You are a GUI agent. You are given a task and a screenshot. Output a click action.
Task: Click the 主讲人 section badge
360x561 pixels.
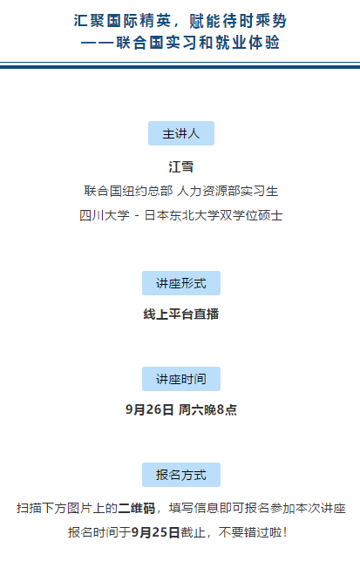[181, 133]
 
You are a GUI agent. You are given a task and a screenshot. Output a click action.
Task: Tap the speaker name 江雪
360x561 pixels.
[181, 166]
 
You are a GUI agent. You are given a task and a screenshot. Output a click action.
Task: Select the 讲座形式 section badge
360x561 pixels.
[181, 283]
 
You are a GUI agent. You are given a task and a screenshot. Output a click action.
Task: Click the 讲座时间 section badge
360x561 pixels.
[181, 379]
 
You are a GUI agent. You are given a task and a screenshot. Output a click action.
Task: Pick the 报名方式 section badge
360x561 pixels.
[181, 475]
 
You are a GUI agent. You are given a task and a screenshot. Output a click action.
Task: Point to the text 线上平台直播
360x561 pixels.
[181, 314]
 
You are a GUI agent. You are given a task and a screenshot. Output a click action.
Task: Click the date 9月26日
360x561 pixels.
[150, 409]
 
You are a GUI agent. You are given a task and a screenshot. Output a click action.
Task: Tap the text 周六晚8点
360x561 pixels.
[207, 409]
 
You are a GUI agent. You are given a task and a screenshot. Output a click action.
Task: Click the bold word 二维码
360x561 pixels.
[137, 509]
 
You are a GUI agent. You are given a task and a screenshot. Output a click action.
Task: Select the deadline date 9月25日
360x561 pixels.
[155, 532]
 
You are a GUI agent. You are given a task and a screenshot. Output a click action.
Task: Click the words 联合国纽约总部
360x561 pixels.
[128, 191]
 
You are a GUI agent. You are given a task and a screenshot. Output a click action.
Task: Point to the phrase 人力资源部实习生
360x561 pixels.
[228, 191]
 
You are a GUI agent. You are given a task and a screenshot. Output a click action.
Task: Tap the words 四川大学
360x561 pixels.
[105, 215]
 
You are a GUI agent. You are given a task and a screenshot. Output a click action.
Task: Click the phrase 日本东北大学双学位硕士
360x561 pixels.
[214, 215]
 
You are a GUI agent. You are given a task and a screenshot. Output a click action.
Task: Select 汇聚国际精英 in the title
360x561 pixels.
[122, 21]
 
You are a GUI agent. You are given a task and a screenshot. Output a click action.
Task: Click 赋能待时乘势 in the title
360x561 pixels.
[238, 21]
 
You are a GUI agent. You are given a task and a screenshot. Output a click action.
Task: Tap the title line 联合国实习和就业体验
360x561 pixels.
[198, 43]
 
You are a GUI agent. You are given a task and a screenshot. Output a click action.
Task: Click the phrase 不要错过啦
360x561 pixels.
[250, 532]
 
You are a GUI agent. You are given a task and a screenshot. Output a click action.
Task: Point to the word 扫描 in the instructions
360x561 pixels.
[29, 509]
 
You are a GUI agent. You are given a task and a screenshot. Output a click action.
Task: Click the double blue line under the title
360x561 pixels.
[180, 65]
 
